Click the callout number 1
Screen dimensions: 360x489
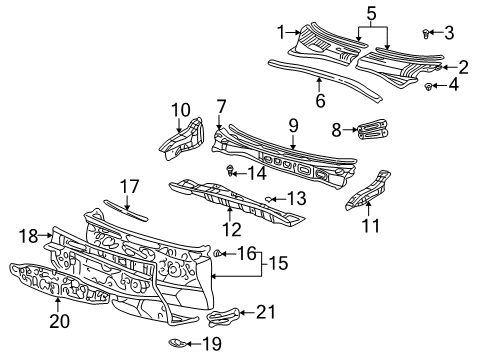[281, 29]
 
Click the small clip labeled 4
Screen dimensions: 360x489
[429, 87]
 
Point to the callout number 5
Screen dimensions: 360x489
[371, 14]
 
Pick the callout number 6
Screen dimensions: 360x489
[320, 100]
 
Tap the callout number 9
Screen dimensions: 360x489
[294, 125]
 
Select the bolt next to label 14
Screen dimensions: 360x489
[232, 169]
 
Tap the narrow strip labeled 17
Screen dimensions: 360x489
[128, 208]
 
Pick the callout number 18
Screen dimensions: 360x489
[28, 235]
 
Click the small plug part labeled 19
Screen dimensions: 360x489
[174, 345]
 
